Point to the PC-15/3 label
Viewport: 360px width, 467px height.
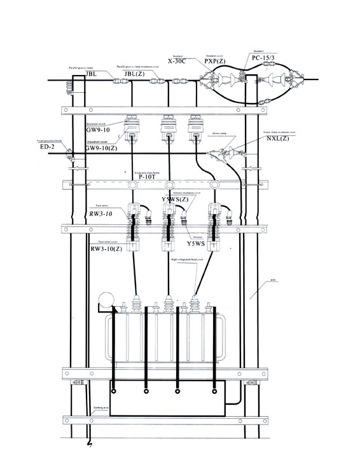click(264, 58)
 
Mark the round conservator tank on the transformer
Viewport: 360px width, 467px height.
click(107, 302)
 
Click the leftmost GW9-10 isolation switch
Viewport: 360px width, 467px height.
click(132, 127)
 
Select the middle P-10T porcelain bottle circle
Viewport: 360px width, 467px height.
click(169, 185)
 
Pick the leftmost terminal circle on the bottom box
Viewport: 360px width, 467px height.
click(114, 391)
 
